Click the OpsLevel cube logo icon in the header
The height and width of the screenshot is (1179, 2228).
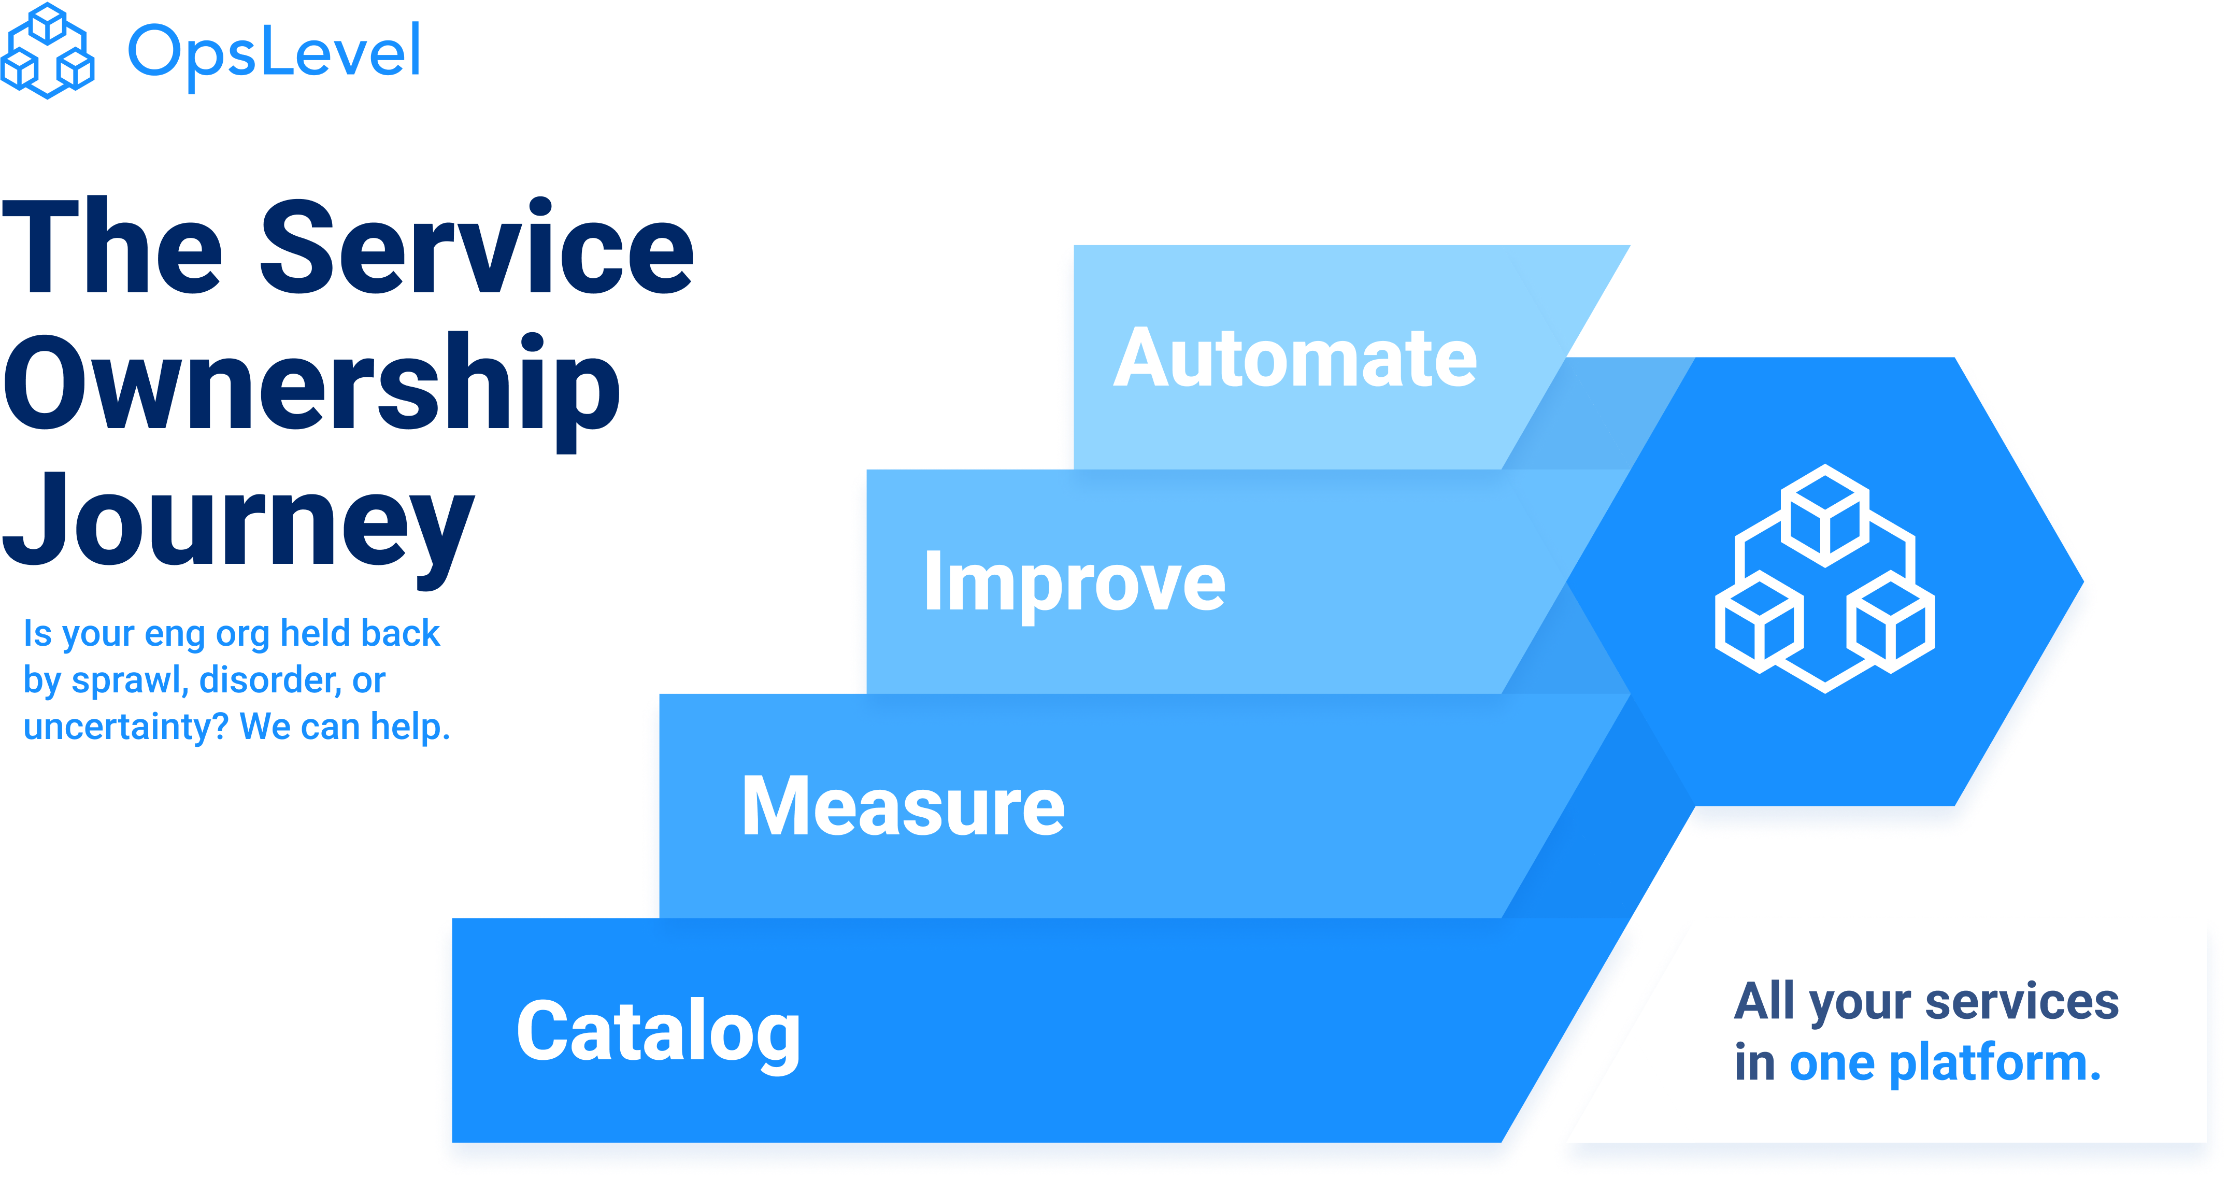tap(48, 50)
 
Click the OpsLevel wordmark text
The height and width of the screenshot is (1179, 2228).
tap(274, 52)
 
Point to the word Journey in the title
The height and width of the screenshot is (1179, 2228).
tap(238, 519)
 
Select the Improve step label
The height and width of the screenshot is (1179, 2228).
tap(1074, 582)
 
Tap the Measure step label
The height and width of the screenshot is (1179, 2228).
tap(903, 806)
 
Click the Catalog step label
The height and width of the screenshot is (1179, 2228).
tap(658, 1031)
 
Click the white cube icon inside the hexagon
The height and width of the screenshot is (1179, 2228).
tap(1825, 578)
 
